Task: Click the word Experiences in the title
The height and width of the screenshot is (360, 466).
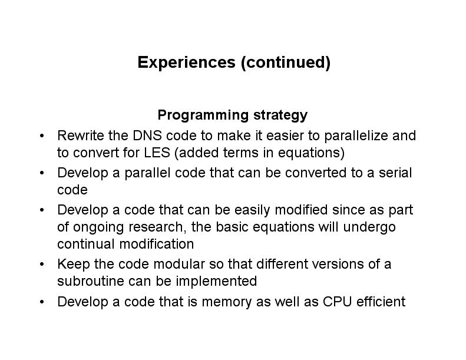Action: coord(186,62)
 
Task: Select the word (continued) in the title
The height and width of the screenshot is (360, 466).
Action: coord(286,62)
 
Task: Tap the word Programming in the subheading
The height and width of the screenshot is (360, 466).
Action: coord(203,115)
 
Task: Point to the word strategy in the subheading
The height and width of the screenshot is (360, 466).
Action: coord(280,115)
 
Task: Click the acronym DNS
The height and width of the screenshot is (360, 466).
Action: coord(147,136)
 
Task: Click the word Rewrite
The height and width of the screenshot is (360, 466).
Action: coord(81,136)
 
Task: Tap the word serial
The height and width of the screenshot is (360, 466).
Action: coord(395,173)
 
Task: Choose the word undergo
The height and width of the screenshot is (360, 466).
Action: coord(369,227)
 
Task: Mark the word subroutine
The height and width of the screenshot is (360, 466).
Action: coord(91,281)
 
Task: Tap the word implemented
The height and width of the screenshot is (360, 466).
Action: coord(216,282)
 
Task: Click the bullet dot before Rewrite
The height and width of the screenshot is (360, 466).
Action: coord(42,136)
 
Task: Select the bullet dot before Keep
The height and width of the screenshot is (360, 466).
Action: coord(42,264)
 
